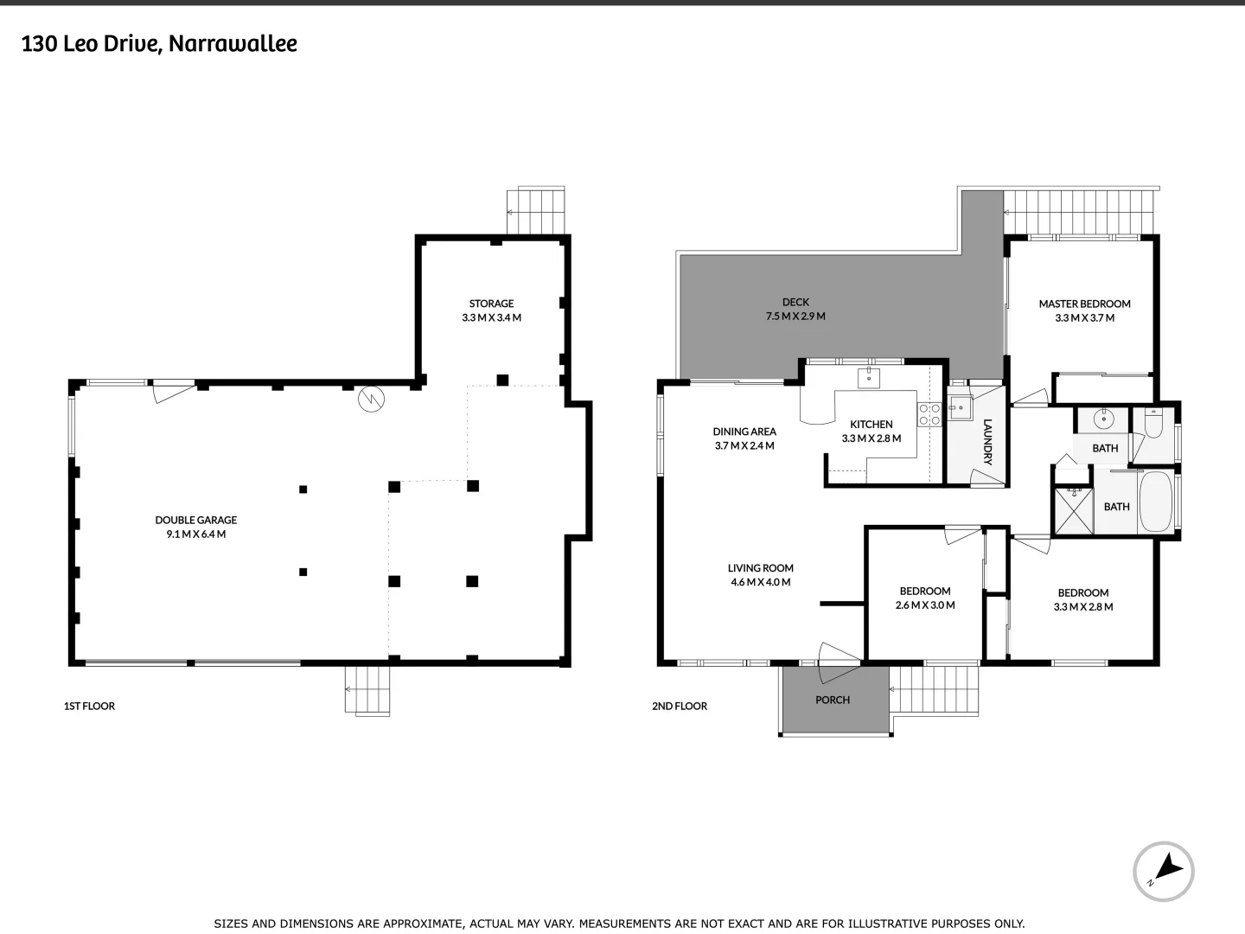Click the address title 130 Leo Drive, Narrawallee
coord(159,44)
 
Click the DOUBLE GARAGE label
coord(195,520)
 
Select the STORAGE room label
coord(491,304)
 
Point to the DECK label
coord(795,303)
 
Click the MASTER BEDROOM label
coord(1084,304)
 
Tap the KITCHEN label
coord(871,424)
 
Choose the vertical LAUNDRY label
coord(987,442)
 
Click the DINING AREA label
coord(744,432)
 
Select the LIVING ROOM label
coord(761,568)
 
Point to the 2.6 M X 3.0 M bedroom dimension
coord(925,605)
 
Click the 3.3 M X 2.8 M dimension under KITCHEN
coord(871,438)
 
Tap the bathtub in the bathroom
coord(1155,502)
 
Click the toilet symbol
coord(1153,423)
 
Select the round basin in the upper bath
coord(1103,419)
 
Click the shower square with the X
coord(1073,510)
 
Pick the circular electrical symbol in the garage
coord(371,400)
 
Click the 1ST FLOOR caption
coord(89,706)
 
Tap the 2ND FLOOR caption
coord(680,706)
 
